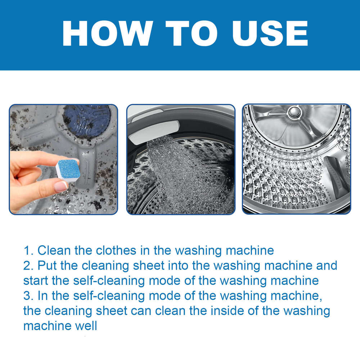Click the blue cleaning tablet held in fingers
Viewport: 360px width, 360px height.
[68, 169]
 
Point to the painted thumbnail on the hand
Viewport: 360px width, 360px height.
[60, 186]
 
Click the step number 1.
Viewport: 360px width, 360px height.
[27, 250]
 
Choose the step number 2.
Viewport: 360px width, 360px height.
[27, 266]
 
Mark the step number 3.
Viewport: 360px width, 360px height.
[27, 296]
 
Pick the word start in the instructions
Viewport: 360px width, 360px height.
[37, 281]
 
